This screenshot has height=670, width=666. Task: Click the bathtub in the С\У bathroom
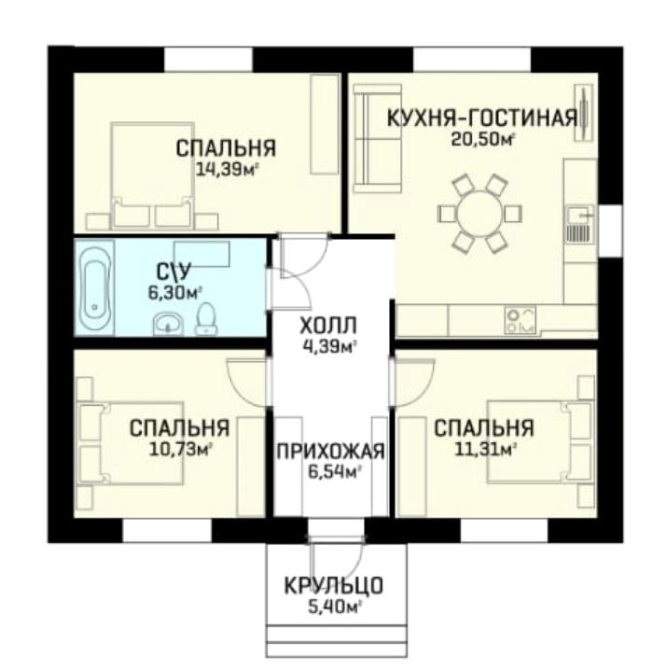(96, 287)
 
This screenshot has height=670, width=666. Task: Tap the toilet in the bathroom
(206, 319)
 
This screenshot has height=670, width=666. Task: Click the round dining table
(480, 213)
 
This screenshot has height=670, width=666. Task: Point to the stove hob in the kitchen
(520, 320)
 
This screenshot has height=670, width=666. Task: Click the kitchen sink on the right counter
(580, 224)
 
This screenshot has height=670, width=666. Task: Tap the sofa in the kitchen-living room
(377, 138)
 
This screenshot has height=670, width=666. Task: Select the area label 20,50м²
(482, 139)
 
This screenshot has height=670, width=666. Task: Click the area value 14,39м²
(228, 170)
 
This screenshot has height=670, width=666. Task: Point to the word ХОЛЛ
(328, 327)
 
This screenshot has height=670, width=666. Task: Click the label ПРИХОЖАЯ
(330, 452)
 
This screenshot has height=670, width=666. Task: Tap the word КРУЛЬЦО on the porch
(334, 586)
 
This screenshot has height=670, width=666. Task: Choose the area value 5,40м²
(335, 607)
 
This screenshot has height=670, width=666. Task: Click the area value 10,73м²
(181, 448)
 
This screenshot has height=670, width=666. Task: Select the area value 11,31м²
(485, 450)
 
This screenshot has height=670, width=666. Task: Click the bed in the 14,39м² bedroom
(152, 175)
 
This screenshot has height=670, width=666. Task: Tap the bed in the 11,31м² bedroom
(541, 442)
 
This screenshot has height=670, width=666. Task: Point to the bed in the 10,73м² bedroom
(132, 443)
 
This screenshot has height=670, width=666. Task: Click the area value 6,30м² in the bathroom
(174, 293)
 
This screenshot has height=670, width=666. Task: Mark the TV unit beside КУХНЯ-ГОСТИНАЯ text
(583, 112)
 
